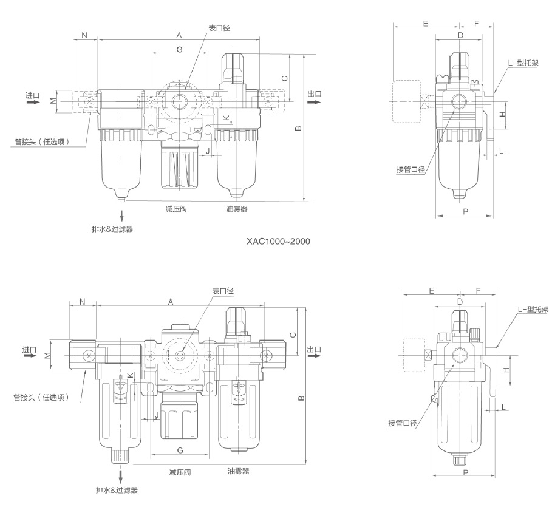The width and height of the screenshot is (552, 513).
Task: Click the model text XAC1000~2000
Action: pyautogui.click(x=278, y=242)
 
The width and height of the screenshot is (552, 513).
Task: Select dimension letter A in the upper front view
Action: pyautogui.click(x=179, y=35)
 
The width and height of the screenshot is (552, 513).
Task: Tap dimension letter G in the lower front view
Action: pyautogui.click(x=180, y=450)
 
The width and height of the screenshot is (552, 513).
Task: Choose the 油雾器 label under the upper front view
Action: pyautogui.click(x=236, y=208)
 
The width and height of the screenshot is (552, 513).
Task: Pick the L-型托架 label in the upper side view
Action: pyautogui.click(x=523, y=63)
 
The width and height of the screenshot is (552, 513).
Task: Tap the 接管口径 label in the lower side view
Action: pyautogui.click(x=402, y=423)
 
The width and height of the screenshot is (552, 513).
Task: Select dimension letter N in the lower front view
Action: pyautogui.click(x=83, y=301)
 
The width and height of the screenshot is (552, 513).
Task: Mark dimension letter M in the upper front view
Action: pyautogui.click(x=53, y=100)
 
